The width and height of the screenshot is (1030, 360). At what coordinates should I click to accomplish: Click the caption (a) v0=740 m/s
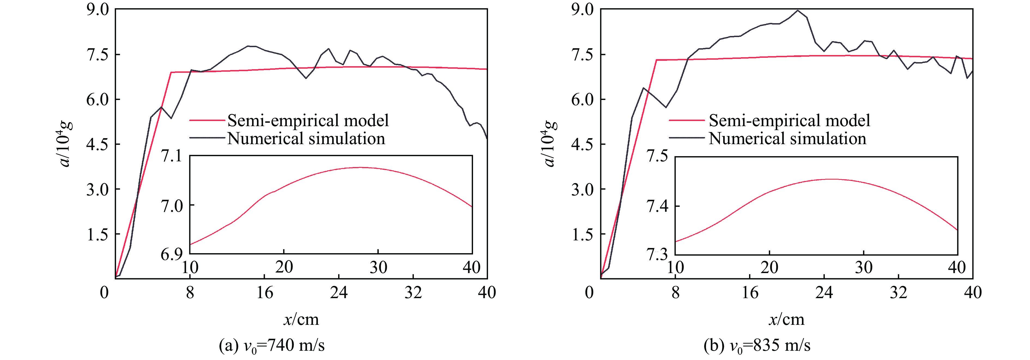(x=272, y=345)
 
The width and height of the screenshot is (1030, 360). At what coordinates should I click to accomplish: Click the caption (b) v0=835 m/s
(x=757, y=345)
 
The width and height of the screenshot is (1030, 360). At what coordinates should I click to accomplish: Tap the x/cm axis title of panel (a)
(x=301, y=319)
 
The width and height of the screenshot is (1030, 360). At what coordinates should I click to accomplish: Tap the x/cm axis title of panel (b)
(x=786, y=319)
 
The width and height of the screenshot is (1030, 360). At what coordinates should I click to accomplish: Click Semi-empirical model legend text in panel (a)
(x=308, y=120)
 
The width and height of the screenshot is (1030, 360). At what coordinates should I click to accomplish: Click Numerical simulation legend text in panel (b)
(x=787, y=138)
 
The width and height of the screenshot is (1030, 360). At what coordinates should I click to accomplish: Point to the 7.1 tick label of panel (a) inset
(x=171, y=156)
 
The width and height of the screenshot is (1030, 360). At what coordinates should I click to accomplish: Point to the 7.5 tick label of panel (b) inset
(x=657, y=156)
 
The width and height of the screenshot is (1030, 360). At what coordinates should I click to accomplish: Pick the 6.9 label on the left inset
(x=171, y=255)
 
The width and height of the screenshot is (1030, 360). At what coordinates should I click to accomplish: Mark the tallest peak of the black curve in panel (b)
(x=798, y=10)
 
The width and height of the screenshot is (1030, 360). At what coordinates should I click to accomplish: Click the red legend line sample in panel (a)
(x=207, y=120)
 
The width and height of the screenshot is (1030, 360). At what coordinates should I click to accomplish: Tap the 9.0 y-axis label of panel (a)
(x=98, y=10)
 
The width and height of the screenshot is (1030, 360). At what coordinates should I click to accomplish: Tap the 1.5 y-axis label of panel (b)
(x=583, y=234)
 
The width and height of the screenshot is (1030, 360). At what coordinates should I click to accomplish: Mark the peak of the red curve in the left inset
(x=359, y=168)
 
